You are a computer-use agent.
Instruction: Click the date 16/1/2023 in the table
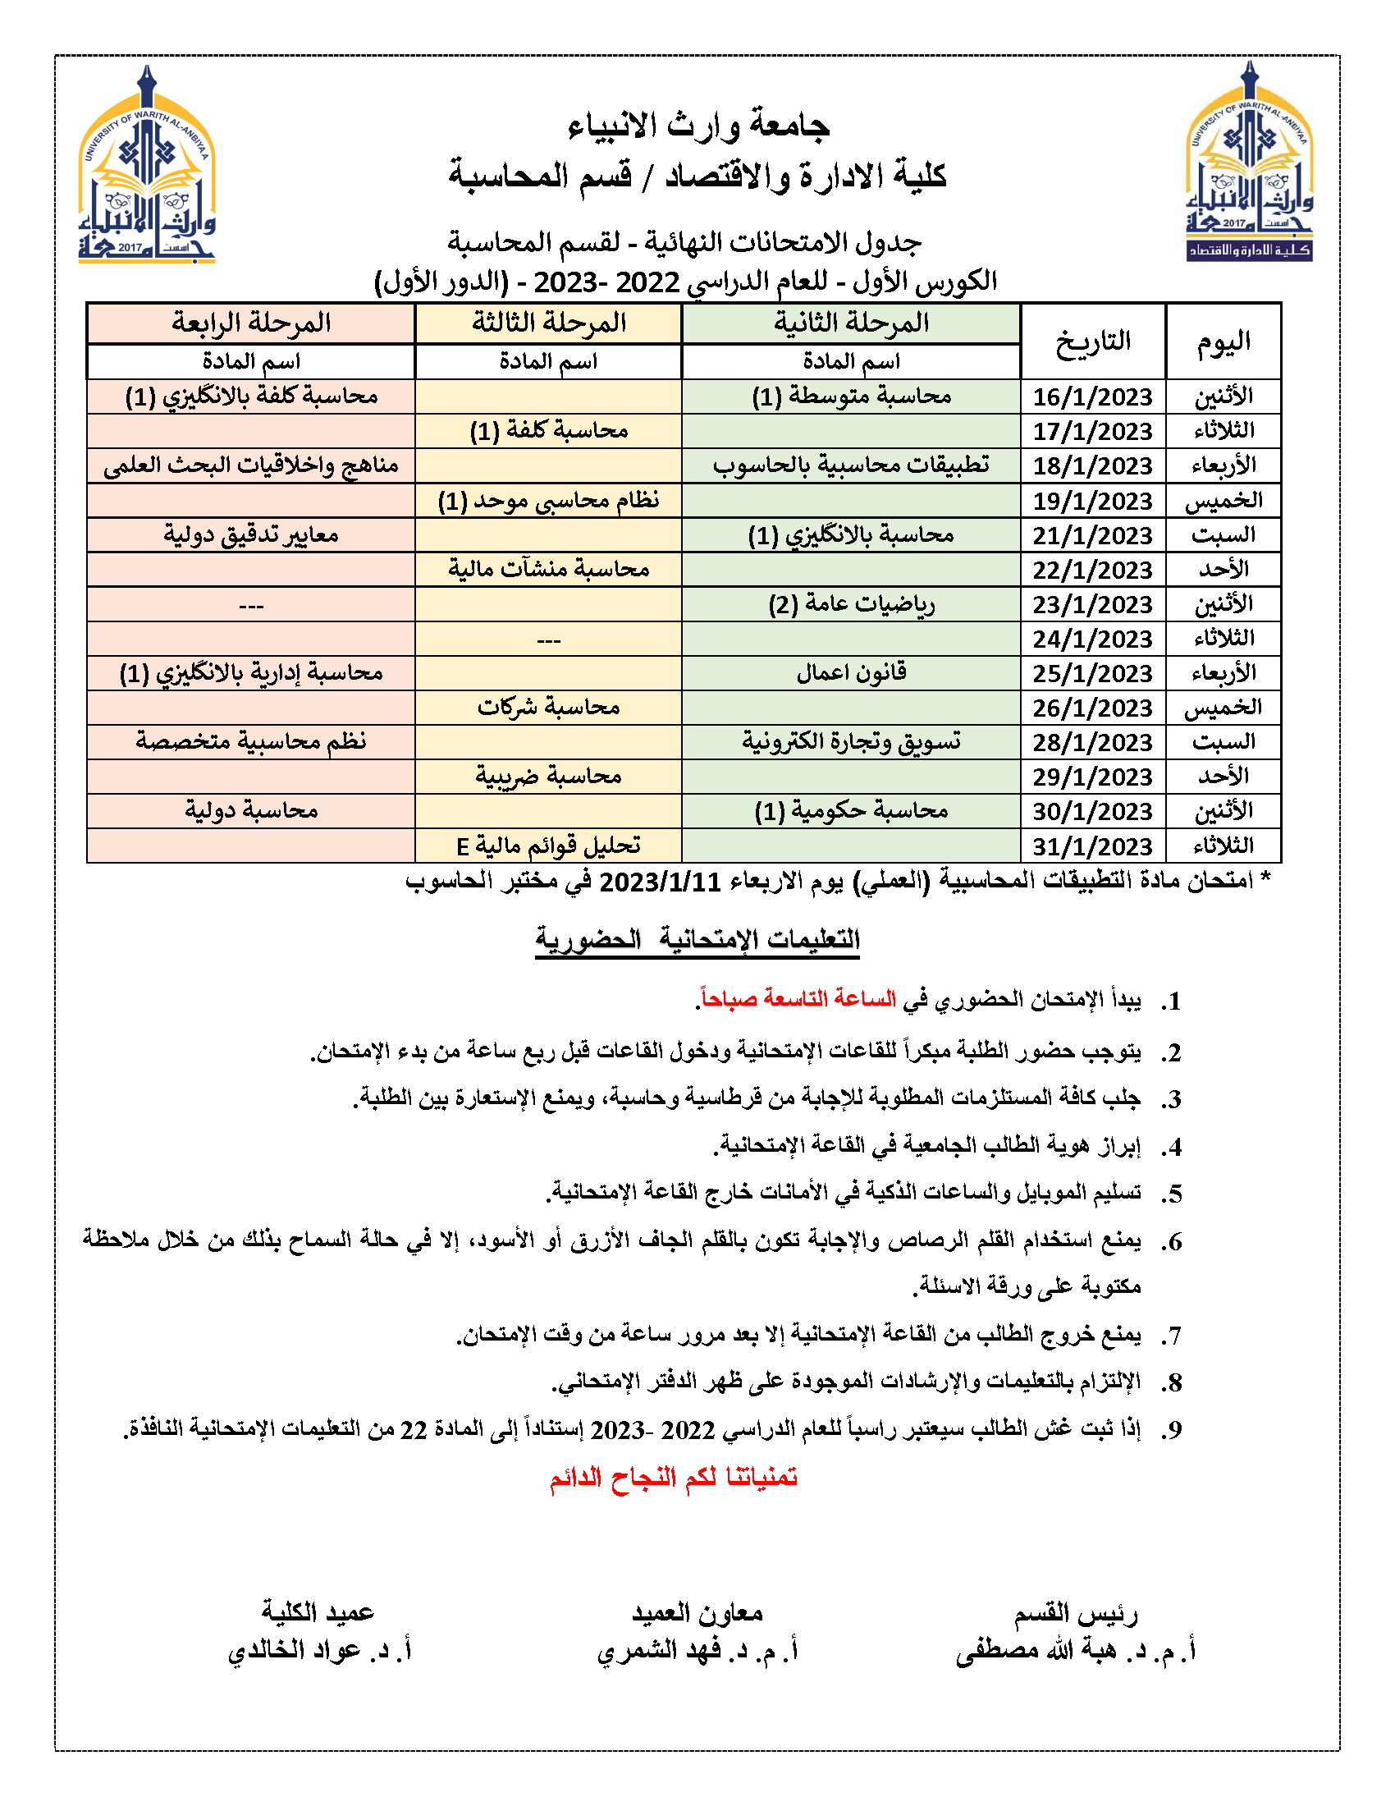coord(1091,397)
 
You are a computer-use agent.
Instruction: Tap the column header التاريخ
coord(1092,341)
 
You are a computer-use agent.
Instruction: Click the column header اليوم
coord(1223,341)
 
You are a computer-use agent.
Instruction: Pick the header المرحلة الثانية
coord(851,323)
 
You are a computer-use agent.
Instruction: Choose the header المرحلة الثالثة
coord(549,323)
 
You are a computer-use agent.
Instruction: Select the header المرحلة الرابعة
coord(251,323)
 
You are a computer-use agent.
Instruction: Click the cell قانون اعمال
coord(851,673)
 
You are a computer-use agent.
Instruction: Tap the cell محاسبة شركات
coord(549,708)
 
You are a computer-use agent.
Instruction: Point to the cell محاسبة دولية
coord(251,811)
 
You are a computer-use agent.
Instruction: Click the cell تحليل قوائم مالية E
coord(549,846)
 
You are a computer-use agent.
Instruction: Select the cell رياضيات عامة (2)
coord(851,604)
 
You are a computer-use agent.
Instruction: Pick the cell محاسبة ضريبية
coord(549,777)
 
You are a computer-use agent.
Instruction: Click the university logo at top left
coord(147,165)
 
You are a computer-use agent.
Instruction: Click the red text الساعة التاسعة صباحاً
coord(797,999)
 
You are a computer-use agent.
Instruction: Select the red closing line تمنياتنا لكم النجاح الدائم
coord(674,1477)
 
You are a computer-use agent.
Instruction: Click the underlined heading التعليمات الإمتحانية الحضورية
coord(697,940)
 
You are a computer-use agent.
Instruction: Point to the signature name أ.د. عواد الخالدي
coord(319,1651)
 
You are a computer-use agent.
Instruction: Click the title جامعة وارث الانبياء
coord(698,126)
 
